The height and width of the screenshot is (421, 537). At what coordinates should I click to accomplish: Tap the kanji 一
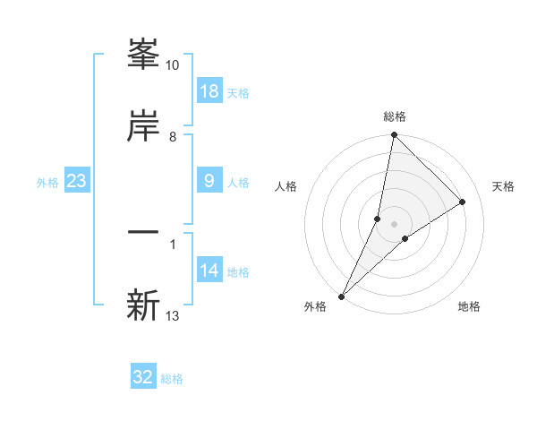[x=143, y=233]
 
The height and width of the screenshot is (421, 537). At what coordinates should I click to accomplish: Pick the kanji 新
[x=143, y=305]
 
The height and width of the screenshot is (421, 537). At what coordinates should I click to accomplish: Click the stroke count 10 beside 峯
[x=173, y=65]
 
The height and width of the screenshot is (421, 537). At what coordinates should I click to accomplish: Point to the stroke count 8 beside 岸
[x=173, y=136]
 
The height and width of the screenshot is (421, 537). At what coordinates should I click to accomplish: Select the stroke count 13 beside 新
[x=173, y=315]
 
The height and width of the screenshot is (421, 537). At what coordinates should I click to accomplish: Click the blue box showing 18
[x=209, y=91]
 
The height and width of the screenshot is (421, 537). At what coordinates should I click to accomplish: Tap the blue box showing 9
[x=209, y=181]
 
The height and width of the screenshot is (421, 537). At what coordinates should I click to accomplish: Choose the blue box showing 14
[x=209, y=271]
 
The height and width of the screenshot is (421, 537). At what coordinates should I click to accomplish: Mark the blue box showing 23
[x=77, y=181]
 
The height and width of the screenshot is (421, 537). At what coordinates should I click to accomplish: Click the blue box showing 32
[x=143, y=377]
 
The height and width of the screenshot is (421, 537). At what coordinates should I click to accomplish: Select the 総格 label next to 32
[x=173, y=379]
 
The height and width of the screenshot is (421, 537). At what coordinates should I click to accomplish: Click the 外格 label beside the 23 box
[x=47, y=183]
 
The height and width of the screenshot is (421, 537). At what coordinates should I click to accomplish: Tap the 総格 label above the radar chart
[x=395, y=116]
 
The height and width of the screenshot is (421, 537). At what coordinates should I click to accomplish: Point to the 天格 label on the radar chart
[x=504, y=186]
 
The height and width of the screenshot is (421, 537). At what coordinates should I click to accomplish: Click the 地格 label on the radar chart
[x=469, y=306]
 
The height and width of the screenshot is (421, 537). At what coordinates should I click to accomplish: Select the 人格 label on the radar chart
[x=286, y=186]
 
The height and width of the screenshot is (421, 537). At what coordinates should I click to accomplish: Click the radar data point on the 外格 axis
[x=342, y=296]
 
